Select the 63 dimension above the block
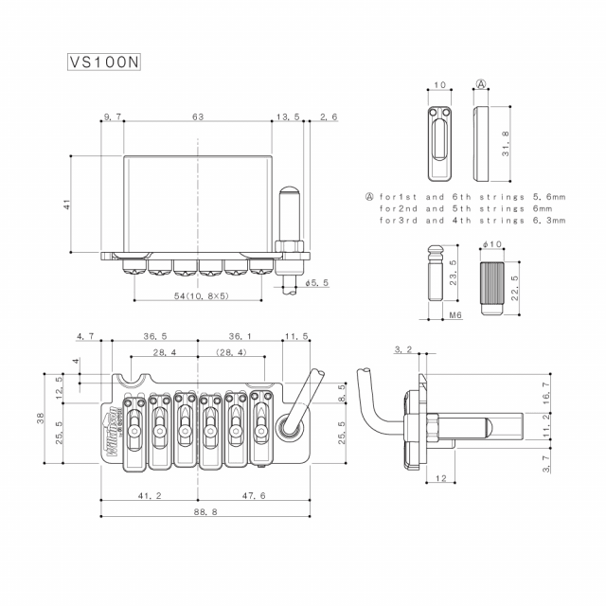pyautogui.click(x=198, y=116)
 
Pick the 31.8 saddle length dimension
pyautogui.click(x=506, y=145)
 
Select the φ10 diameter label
pyautogui.click(x=491, y=244)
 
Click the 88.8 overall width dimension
pyautogui.click(x=197, y=511)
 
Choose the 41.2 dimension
pyautogui.click(x=149, y=495)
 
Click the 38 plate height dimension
pyautogui.click(x=41, y=419)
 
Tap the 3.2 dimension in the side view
pyautogui.click(x=402, y=350)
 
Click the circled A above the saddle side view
pyautogui.click(x=481, y=85)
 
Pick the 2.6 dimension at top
pyautogui.click(x=329, y=116)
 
